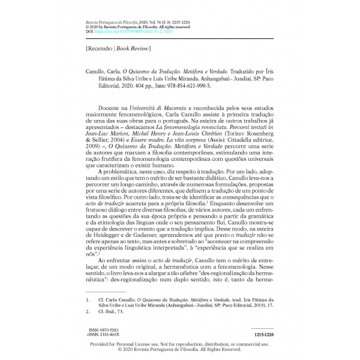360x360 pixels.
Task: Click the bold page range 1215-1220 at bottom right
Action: [260, 333]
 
